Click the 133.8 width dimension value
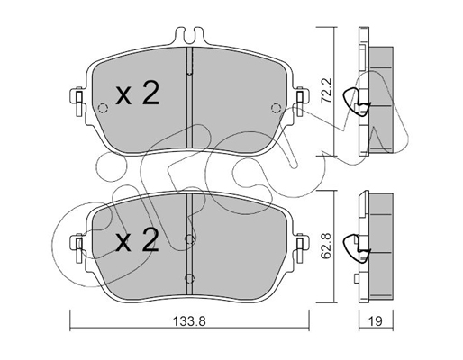tap(189, 321)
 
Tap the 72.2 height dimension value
tap(326, 91)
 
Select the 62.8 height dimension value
tap(326, 245)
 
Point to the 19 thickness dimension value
tap(376, 321)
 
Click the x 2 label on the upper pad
tap(138, 94)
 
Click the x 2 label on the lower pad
tap(138, 239)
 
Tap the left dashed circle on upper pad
tap(103, 108)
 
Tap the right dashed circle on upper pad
tap(276, 108)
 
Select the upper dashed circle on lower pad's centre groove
tap(189, 239)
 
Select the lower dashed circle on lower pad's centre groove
tap(189, 278)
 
